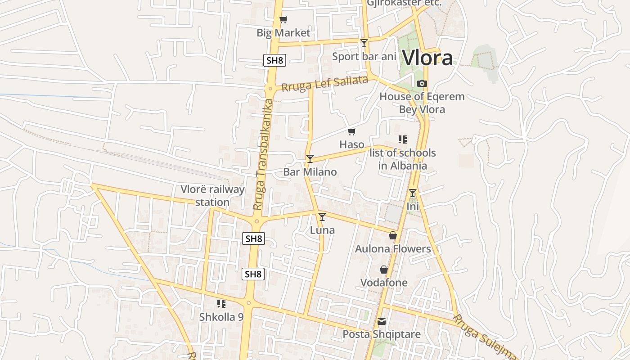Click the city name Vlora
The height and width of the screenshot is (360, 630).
pos(427,58)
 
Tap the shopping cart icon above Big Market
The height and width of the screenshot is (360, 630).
pos(283,19)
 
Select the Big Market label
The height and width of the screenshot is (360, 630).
pos(283,33)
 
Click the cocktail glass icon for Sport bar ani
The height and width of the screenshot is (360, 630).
pos(364,43)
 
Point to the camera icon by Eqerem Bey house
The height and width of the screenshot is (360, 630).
pos(422,83)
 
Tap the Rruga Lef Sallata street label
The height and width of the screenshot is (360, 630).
pos(324,84)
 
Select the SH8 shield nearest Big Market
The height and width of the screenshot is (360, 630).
pos(274,60)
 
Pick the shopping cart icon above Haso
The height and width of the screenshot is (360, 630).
pos(351,131)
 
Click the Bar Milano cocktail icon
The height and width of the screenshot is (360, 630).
pos(310,158)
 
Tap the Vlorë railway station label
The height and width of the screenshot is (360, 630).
pos(212,196)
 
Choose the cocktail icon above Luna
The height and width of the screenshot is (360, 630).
pos(322,216)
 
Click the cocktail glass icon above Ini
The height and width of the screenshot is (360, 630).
pos(412,193)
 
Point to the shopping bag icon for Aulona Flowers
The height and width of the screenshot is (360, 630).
pos(393,235)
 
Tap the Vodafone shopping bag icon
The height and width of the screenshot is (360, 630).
pos(383,270)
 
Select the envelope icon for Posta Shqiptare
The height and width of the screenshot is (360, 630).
pos(382,321)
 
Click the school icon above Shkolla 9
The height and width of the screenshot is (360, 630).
pos(221,304)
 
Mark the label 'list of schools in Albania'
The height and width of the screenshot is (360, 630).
pos(402,159)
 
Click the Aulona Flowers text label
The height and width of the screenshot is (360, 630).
pos(393,249)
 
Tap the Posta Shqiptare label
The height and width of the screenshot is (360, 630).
pos(382,334)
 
